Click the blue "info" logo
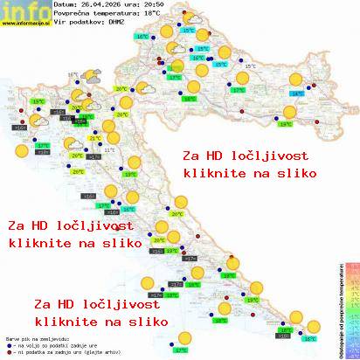(19, 10)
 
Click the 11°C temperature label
(109, 150)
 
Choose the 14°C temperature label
(297, 93)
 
